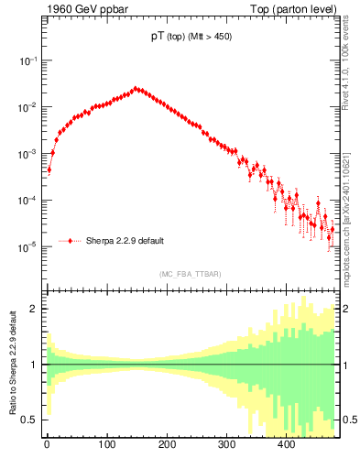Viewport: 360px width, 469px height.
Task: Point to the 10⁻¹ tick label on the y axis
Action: (28, 60)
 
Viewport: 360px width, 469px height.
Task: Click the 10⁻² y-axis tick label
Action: (28, 107)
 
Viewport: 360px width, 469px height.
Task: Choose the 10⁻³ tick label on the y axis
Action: (28, 154)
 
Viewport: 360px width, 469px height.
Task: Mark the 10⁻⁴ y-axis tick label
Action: (28, 201)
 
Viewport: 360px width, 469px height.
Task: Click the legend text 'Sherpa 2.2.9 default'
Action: (125, 242)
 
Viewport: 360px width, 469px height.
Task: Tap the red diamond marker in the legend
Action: (71, 242)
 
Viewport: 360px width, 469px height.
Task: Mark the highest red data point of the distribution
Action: (136, 89)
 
